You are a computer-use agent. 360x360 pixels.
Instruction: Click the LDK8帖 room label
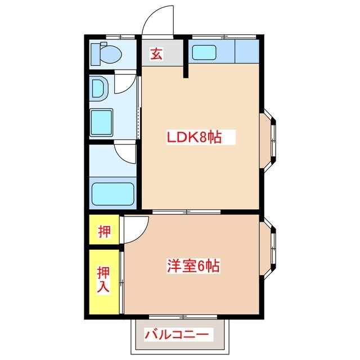(x=192, y=137)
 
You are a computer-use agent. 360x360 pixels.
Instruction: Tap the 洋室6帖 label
(x=192, y=265)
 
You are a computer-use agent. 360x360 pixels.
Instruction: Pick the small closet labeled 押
(x=104, y=231)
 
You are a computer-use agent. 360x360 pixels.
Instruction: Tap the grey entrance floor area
(x=163, y=54)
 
